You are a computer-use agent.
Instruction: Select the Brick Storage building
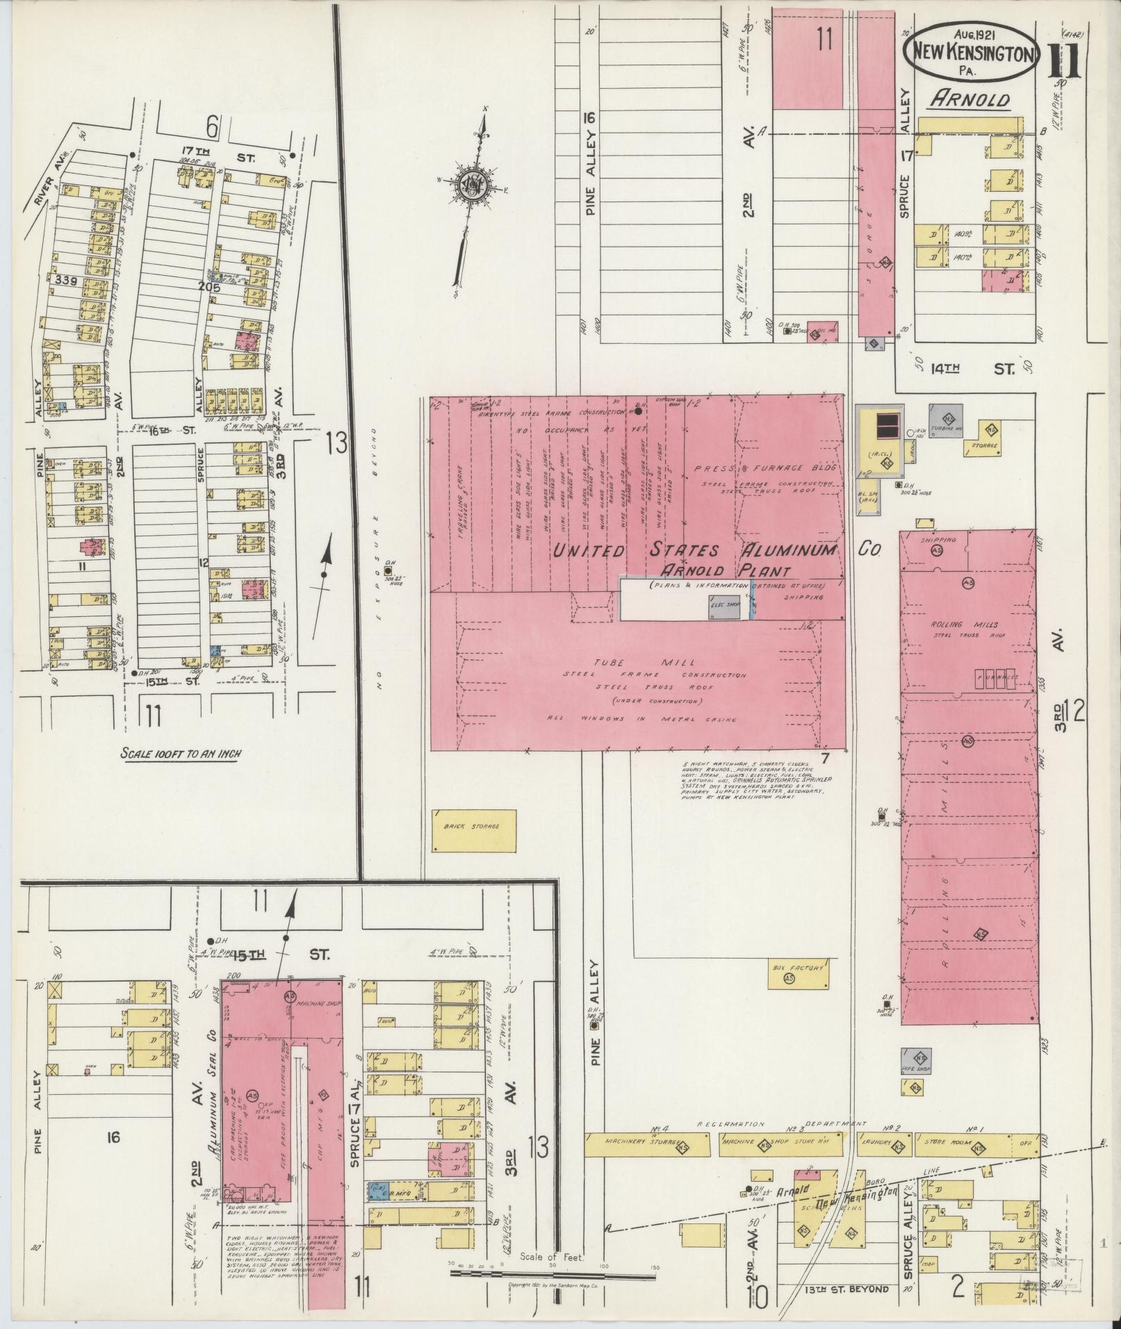click(474, 830)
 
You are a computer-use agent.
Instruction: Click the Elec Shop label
click(724, 605)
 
